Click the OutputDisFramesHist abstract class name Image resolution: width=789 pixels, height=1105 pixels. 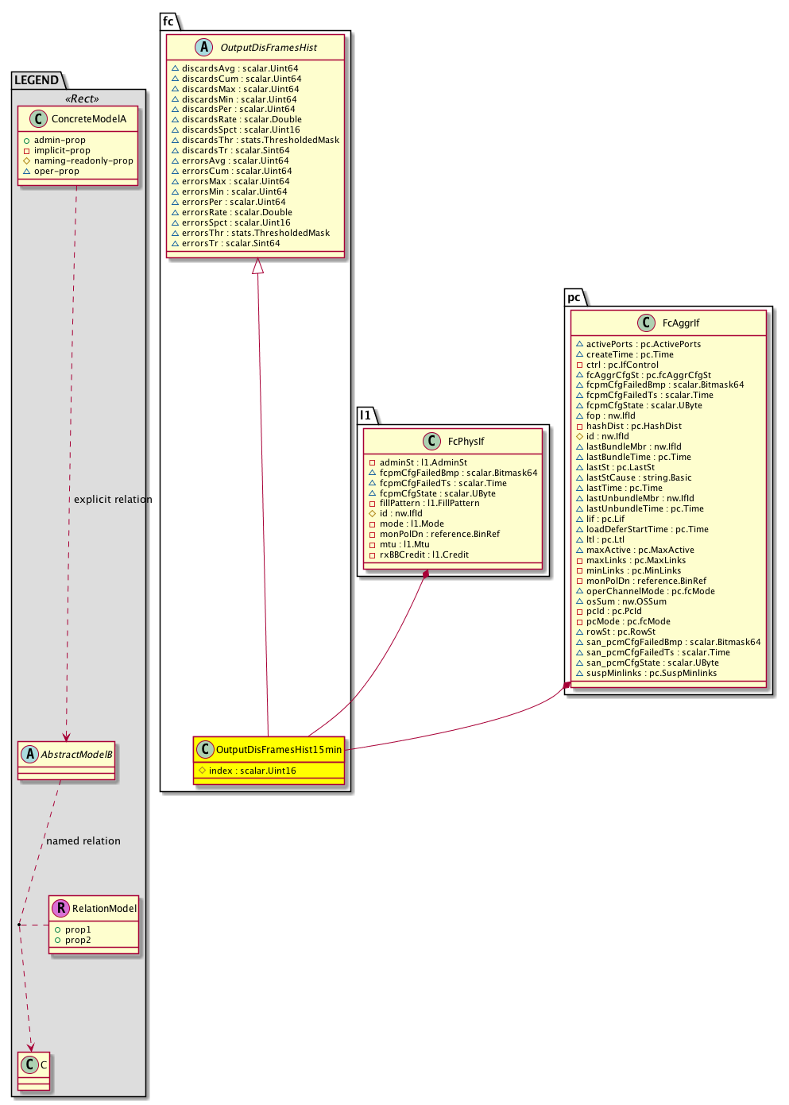(269, 48)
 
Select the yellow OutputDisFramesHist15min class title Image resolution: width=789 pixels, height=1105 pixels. (278, 749)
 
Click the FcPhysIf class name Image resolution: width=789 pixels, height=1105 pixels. (466, 442)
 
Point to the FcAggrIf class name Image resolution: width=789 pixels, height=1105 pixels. (681, 323)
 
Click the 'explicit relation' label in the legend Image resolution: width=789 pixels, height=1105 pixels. (113, 500)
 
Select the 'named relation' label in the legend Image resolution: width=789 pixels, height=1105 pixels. (83, 841)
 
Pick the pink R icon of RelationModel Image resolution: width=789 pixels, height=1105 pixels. (60, 908)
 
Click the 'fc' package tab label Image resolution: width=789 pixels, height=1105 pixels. (168, 21)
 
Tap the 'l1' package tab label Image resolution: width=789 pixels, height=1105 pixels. (365, 415)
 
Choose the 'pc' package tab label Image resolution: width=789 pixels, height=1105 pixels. (574, 297)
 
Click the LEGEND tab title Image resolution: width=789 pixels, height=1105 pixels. (37, 80)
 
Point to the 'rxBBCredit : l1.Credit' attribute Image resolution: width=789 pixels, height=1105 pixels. (424, 554)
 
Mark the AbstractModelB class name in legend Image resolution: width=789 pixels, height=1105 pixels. (76, 755)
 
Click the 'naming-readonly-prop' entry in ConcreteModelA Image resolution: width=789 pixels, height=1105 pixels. (83, 160)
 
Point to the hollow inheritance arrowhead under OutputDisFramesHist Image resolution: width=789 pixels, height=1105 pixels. (257, 267)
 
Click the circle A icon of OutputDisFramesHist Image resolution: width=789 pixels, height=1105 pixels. (204, 47)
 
